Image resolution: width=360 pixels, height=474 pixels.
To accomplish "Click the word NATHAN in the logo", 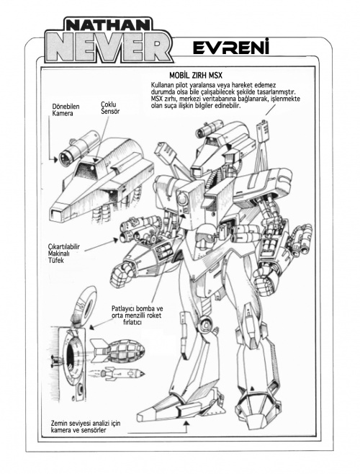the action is pyautogui.click(x=107, y=25).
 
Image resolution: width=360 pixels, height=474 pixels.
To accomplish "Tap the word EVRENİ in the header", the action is pyautogui.click(x=231, y=48).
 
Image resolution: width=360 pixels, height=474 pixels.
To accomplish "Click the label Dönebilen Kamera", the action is pyautogui.click(x=66, y=110).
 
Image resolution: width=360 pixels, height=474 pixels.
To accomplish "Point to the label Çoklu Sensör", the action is pyautogui.click(x=110, y=108).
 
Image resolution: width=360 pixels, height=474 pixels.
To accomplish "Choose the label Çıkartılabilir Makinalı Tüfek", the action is pyautogui.click(x=64, y=254).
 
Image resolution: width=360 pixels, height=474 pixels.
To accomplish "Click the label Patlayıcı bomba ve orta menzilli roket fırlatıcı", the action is pyautogui.click(x=137, y=316).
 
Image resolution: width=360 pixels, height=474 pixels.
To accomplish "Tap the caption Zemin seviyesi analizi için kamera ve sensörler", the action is pyautogui.click(x=86, y=426).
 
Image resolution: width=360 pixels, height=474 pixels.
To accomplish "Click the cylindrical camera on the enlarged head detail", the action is pyautogui.click(x=79, y=148).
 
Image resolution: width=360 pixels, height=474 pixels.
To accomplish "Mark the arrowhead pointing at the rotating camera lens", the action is pyautogui.click(x=55, y=160).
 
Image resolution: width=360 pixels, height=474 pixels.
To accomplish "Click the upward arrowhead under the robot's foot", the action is pyautogui.click(x=186, y=422).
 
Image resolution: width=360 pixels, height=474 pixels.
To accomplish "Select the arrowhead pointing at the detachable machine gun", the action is pyautogui.click(x=115, y=240).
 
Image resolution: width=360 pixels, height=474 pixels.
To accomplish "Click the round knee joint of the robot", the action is pyautogui.click(x=206, y=323).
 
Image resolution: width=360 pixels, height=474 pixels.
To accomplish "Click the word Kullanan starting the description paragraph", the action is pyautogui.click(x=163, y=85).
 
